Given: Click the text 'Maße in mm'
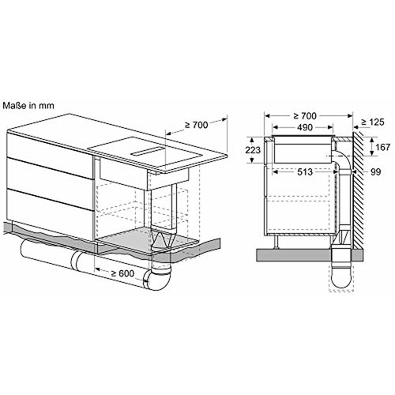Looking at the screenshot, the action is [x=28, y=106].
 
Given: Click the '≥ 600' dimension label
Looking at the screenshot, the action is [x=122, y=273].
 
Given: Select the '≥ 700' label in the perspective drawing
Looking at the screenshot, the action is [x=197, y=125].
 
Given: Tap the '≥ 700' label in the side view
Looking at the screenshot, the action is [x=305, y=116].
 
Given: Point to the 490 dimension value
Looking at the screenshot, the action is [x=305, y=127].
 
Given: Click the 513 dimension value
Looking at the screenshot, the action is [x=305, y=172].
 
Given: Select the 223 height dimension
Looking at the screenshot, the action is [x=253, y=150].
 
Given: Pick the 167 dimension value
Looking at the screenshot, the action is [x=382, y=147].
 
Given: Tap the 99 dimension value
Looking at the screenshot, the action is [x=376, y=172].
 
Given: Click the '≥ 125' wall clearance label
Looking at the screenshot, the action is [x=373, y=122].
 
